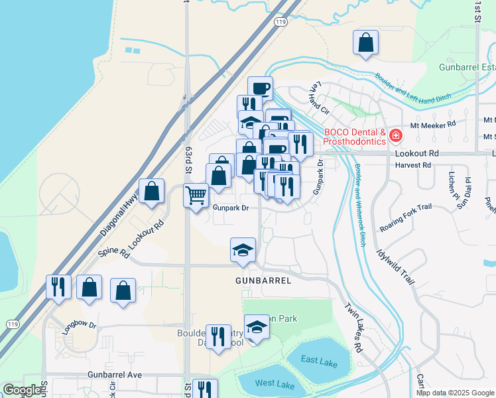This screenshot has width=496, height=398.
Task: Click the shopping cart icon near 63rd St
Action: [x=196, y=196]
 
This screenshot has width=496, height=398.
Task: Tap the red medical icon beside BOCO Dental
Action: [x=396, y=136]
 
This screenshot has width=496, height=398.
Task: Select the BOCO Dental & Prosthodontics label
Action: [x=355, y=136]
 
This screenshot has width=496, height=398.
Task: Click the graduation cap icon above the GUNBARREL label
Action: [x=243, y=250]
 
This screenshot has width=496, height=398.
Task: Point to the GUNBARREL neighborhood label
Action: [x=263, y=281]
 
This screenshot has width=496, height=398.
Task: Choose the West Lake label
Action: [x=275, y=384]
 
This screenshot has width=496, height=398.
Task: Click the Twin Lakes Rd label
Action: [x=353, y=328]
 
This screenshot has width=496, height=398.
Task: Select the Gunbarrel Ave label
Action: [x=115, y=375]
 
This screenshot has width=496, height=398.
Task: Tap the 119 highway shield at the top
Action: [x=280, y=22]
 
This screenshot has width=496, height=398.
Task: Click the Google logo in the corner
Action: [x=23, y=390]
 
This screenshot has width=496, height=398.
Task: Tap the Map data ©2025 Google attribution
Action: [x=454, y=393]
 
